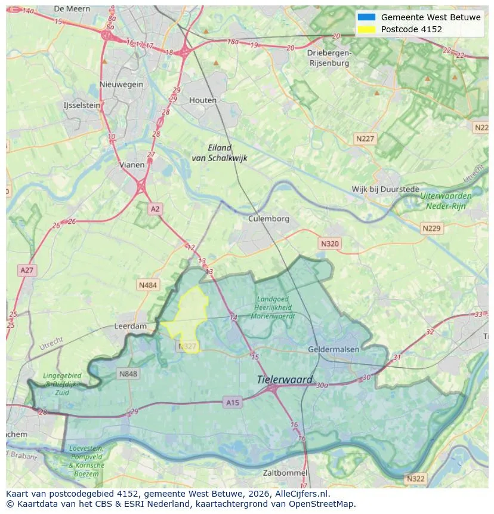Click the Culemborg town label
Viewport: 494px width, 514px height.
[x=268, y=218]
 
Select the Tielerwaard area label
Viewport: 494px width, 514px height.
[x=285, y=380]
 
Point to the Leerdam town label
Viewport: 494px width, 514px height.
[x=131, y=327]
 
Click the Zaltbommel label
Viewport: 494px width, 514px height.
[x=286, y=473]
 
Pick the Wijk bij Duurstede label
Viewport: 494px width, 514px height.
[x=385, y=189]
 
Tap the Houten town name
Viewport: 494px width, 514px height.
[x=203, y=100]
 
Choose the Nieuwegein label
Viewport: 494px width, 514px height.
[x=122, y=84]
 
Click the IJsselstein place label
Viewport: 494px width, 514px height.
[x=82, y=105]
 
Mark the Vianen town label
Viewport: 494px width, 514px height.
[x=131, y=165]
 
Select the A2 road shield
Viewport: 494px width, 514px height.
[x=155, y=209]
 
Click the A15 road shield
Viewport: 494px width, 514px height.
[x=233, y=403]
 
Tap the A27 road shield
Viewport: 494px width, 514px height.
[x=27, y=270]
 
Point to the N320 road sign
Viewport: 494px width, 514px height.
[x=329, y=244]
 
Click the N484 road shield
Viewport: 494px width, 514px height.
[x=148, y=285]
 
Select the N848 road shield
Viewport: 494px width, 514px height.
[x=128, y=374]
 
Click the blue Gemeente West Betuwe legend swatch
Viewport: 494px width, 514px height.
[x=366, y=17]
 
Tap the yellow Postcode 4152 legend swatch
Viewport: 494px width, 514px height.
[x=366, y=29]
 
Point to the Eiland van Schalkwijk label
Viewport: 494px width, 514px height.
[x=220, y=153]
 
